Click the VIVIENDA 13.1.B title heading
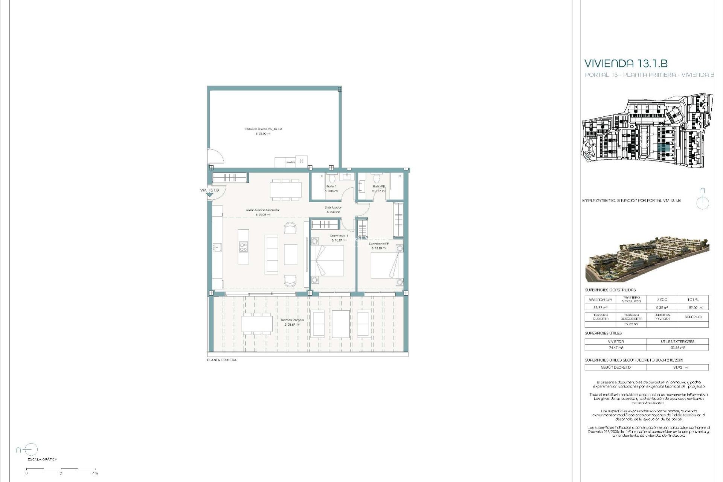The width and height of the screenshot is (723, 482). (626, 63)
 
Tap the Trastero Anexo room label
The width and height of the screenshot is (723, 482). (263, 129)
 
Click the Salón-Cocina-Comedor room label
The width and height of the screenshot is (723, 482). (263, 210)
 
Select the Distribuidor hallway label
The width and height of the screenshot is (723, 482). (333, 207)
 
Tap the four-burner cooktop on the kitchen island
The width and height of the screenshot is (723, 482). (243, 247)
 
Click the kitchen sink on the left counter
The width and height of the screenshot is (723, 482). (217, 247)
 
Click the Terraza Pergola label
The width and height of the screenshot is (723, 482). (292, 320)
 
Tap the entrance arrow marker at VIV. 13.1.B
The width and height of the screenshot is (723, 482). (209, 195)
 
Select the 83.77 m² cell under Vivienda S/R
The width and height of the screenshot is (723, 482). (600, 308)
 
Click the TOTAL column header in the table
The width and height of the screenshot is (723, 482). (692, 300)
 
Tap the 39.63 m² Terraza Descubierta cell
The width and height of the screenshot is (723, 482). (631, 324)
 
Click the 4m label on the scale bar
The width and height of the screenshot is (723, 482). (95, 473)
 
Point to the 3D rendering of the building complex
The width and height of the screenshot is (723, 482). (647, 259)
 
